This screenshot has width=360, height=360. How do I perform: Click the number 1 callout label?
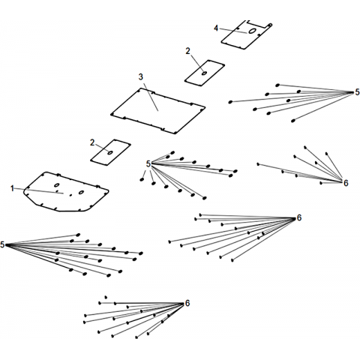[x=12, y=188]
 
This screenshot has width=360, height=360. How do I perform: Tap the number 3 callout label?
[x=141, y=77]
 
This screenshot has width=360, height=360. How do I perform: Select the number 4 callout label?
[x=216, y=28]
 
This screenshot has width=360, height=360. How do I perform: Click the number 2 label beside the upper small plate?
[x=187, y=51]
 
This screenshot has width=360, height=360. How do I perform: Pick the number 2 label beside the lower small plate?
[x=92, y=142]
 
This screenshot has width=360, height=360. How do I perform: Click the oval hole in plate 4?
[x=252, y=31]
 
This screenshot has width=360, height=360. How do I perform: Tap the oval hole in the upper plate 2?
[x=205, y=73]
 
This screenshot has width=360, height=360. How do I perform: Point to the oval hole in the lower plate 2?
[x=110, y=152]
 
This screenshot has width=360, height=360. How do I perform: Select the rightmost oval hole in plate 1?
[x=81, y=192]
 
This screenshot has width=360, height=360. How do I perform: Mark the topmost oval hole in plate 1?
[x=57, y=185]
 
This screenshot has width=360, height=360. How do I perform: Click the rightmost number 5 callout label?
[x=357, y=92]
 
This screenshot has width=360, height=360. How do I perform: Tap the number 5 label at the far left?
[x=2, y=245]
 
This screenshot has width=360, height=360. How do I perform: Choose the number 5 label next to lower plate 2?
[x=148, y=164]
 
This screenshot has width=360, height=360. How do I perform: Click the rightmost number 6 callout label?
[x=346, y=183]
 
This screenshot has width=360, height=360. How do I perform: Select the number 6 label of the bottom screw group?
[x=187, y=303]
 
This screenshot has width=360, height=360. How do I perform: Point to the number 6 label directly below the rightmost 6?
[x=299, y=218]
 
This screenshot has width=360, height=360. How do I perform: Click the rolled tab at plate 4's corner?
[x=269, y=25]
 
